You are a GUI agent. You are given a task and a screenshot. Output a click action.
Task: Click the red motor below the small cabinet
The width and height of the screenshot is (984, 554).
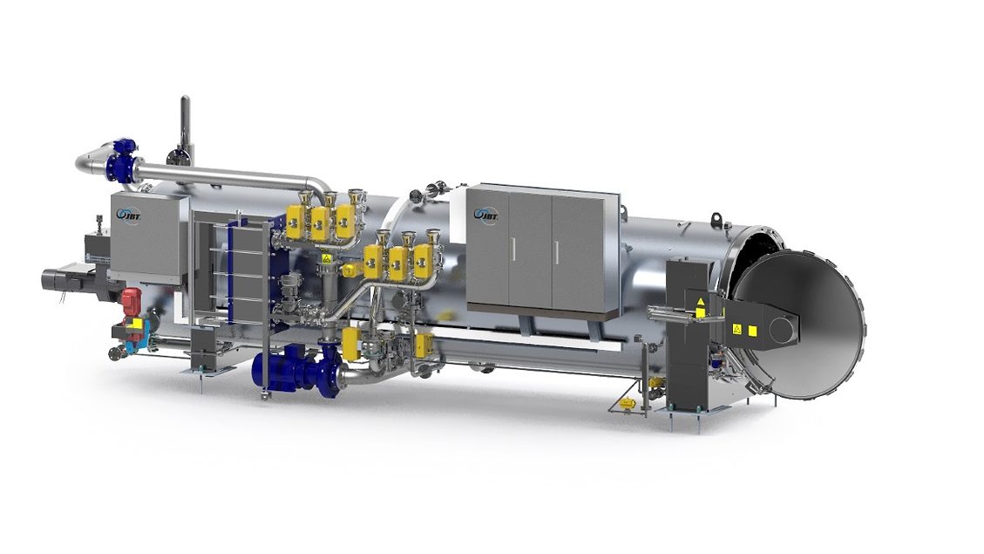(x=131, y=299)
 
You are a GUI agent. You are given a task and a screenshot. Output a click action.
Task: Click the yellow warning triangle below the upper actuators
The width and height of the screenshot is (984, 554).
(x=326, y=258)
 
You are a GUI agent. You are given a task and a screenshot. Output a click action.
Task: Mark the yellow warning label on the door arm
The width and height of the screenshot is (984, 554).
(x=737, y=329)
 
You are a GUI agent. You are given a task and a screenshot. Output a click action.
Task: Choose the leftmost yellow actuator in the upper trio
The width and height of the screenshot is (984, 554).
(x=296, y=222)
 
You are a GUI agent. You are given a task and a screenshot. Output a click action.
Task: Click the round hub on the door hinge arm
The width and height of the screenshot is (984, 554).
(x=783, y=328)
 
